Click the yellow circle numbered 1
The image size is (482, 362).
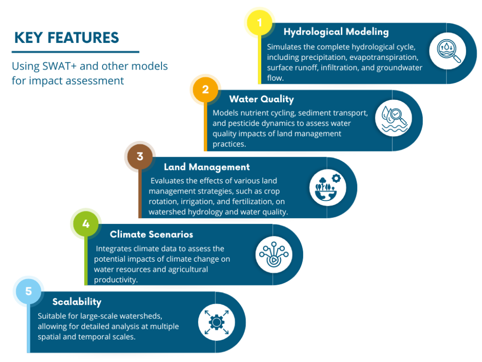pos(260,23)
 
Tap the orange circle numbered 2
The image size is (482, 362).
pos(205,90)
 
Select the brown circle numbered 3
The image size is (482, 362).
pos(140,156)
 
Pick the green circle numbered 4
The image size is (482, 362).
pos(86,223)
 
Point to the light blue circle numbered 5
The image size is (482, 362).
pos(28,291)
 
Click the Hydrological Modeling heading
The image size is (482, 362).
pos(336,32)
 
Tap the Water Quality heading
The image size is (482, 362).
pos(261,99)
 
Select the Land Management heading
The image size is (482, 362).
pos(207,167)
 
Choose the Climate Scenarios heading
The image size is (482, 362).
pos(151,234)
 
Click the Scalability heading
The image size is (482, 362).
pos(77,302)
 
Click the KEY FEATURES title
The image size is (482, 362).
pos(67,38)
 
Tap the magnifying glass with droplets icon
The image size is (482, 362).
pos(448,50)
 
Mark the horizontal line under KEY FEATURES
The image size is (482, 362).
pos(76,52)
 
